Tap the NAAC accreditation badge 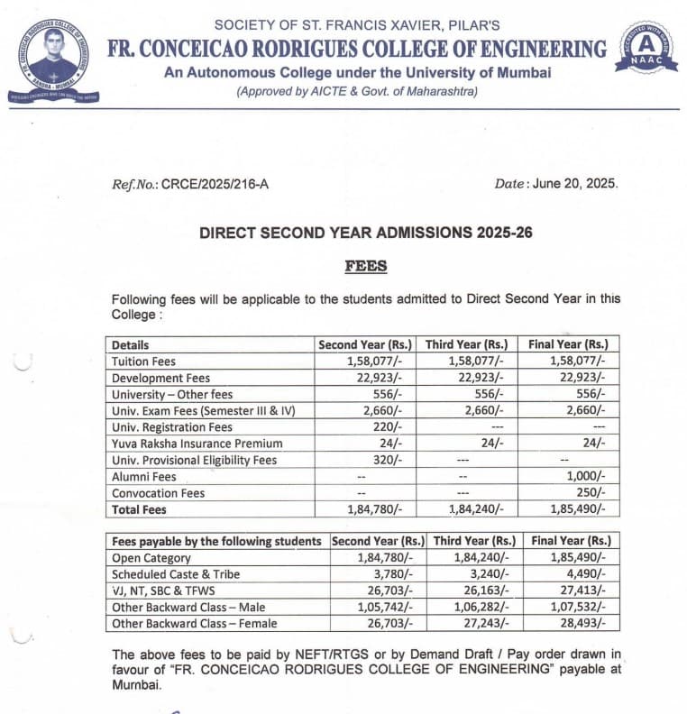coord(646,50)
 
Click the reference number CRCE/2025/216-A coord(214,184)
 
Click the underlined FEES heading coord(365,266)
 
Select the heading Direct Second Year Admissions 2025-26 coord(365,233)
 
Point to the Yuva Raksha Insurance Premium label coord(197,444)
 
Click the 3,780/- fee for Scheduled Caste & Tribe coord(391,574)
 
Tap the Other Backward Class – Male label coord(188,607)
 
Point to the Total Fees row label coord(140,509)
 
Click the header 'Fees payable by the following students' coord(216,541)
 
